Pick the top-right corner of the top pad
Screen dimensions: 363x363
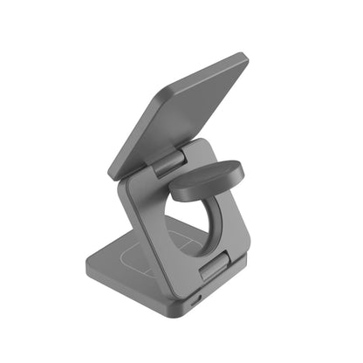[x=243, y=59]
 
